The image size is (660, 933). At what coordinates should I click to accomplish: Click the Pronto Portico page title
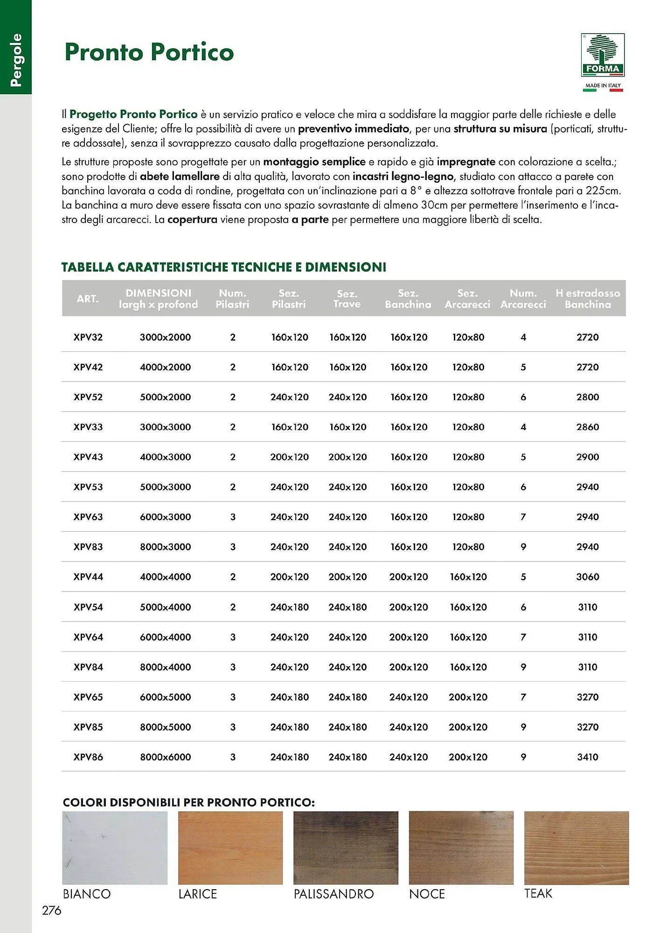point(149,52)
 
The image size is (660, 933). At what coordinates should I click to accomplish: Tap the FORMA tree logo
point(603,55)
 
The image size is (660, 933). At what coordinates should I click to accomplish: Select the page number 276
point(51,910)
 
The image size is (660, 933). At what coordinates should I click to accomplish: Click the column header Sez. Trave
point(347,299)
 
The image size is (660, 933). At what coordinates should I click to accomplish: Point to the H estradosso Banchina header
point(587,299)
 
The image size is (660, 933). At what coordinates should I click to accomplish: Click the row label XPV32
point(88,337)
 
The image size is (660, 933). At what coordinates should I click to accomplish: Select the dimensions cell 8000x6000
point(165,757)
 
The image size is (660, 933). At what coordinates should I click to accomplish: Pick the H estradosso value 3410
point(587,757)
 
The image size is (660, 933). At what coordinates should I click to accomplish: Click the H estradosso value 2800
point(587,397)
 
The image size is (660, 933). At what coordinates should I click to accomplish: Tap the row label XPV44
point(88,577)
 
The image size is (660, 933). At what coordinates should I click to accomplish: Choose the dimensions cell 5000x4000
point(165,607)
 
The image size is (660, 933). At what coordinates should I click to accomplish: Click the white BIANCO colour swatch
point(115,848)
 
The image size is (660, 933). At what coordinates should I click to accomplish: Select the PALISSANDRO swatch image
point(346,848)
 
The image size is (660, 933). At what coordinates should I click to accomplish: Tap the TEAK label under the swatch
point(538,893)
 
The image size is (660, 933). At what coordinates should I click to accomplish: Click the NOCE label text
point(427,894)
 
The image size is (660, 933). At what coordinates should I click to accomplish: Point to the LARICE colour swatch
point(230,848)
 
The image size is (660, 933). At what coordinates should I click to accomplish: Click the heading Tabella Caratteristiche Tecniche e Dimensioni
point(224,267)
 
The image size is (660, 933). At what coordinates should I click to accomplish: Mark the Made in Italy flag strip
point(603,90)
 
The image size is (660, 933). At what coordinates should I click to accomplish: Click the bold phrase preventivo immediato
point(353,129)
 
